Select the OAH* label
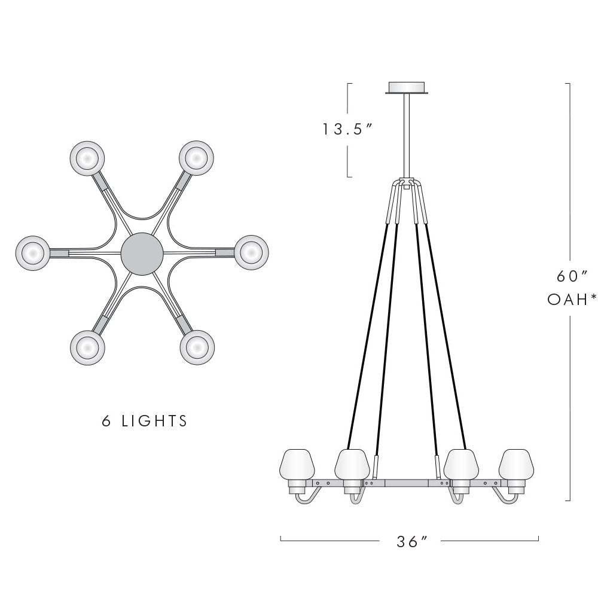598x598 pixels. pos(572,300)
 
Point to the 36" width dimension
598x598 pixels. pos(412,542)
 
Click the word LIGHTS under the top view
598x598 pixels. pos(155,421)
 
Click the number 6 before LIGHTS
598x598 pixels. pos(107,421)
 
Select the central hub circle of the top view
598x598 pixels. pos(141,254)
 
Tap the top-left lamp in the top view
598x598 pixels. pos(87,157)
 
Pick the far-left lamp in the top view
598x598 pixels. pos(32,253)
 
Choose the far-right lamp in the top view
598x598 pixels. pos(250,253)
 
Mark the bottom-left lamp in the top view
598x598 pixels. pos(87,346)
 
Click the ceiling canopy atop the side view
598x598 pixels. pos(407,88)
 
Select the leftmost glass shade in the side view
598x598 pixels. pos(297,463)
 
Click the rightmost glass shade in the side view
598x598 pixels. pos(516,463)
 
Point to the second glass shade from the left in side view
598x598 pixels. pos(350,463)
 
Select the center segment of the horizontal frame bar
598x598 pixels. pos(407,482)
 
